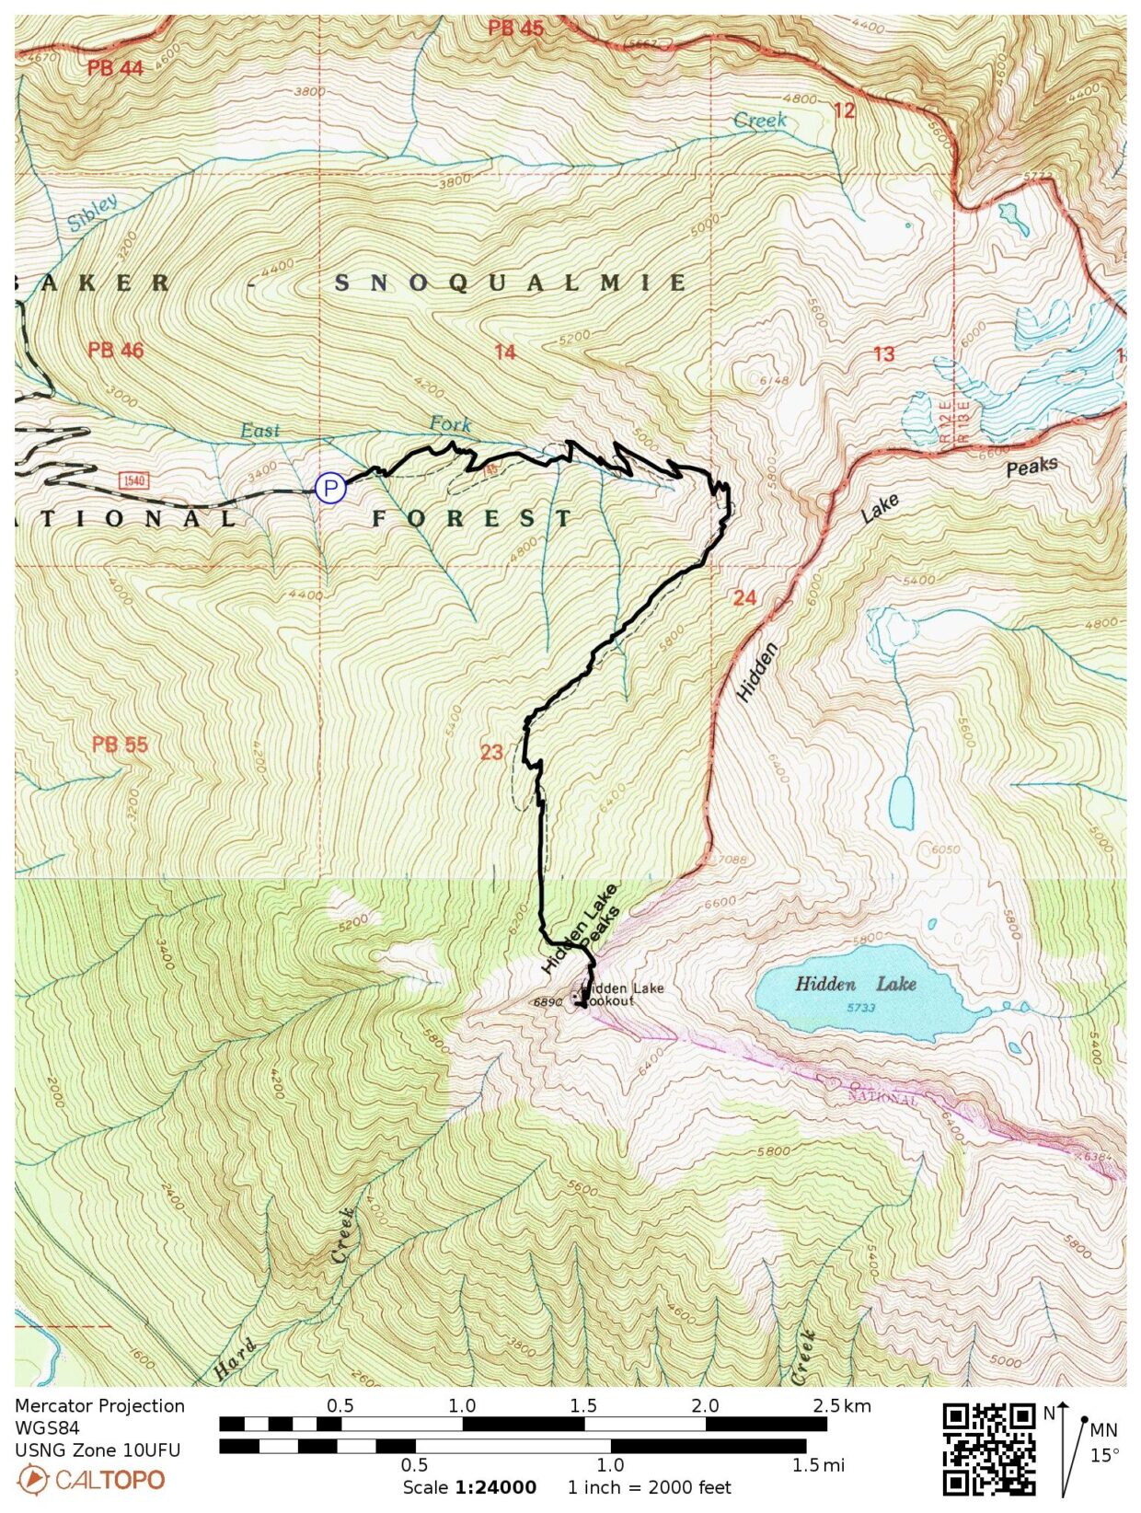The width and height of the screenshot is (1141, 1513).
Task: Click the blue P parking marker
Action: [x=330, y=488]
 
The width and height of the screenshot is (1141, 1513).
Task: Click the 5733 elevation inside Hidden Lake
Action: [x=860, y=1008]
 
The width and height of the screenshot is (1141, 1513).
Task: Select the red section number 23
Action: [x=491, y=752]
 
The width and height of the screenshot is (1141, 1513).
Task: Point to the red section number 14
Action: [x=504, y=352]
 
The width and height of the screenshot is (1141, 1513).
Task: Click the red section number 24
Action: [x=743, y=598]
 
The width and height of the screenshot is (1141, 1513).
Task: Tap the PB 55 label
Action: [x=120, y=744]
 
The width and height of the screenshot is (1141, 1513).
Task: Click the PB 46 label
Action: [x=116, y=350]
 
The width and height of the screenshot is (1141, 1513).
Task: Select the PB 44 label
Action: [x=116, y=68]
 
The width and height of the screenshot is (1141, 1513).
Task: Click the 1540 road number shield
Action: [x=133, y=480]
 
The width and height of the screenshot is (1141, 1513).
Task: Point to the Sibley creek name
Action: [x=93, y=214]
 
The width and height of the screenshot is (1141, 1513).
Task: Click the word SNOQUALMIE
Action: [x=511, y=283]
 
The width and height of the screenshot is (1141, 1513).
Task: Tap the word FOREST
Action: [x=473, y=518]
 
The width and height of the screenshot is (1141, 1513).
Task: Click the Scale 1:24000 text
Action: [x=469, y=1488]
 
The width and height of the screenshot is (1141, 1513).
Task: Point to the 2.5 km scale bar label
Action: [x=842, y=1405]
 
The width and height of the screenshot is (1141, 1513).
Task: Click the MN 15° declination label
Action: [x=1103, y=1442]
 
